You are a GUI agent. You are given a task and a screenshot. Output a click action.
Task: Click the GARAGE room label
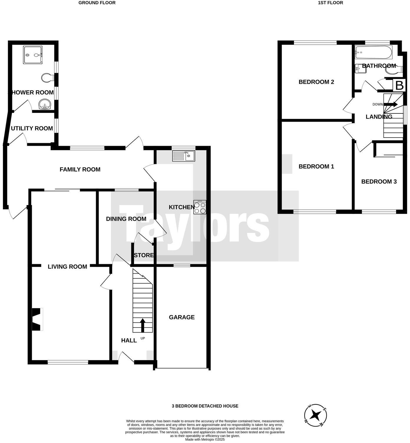(182, 317)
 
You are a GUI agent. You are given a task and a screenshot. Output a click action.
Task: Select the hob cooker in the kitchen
(200, 207)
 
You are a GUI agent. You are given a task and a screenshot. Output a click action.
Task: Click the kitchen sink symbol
(183, 156)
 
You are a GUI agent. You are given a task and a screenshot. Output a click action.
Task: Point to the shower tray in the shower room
(33, 55)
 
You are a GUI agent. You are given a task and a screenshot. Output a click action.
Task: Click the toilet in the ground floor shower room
(47, 78)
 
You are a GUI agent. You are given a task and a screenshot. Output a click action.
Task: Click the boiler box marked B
(399, 86)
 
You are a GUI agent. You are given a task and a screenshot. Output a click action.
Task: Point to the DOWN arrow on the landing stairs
(391, 105)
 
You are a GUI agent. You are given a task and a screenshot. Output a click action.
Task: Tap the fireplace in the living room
(37, 319)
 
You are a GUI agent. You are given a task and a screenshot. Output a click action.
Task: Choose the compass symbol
(315, 416)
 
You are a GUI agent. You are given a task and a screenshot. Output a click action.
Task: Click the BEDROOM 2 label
(316, 82)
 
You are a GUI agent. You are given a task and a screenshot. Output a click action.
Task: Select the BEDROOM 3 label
(379, 182)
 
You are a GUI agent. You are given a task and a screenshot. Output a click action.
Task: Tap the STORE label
(144, 255)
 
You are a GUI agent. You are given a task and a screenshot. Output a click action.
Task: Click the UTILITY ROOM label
(32, 128)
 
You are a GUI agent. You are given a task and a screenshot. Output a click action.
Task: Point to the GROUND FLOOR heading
(97, 3)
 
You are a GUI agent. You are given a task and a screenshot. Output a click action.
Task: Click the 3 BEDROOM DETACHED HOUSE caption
(205, 406)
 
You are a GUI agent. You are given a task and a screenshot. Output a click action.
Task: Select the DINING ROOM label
(126, 219)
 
